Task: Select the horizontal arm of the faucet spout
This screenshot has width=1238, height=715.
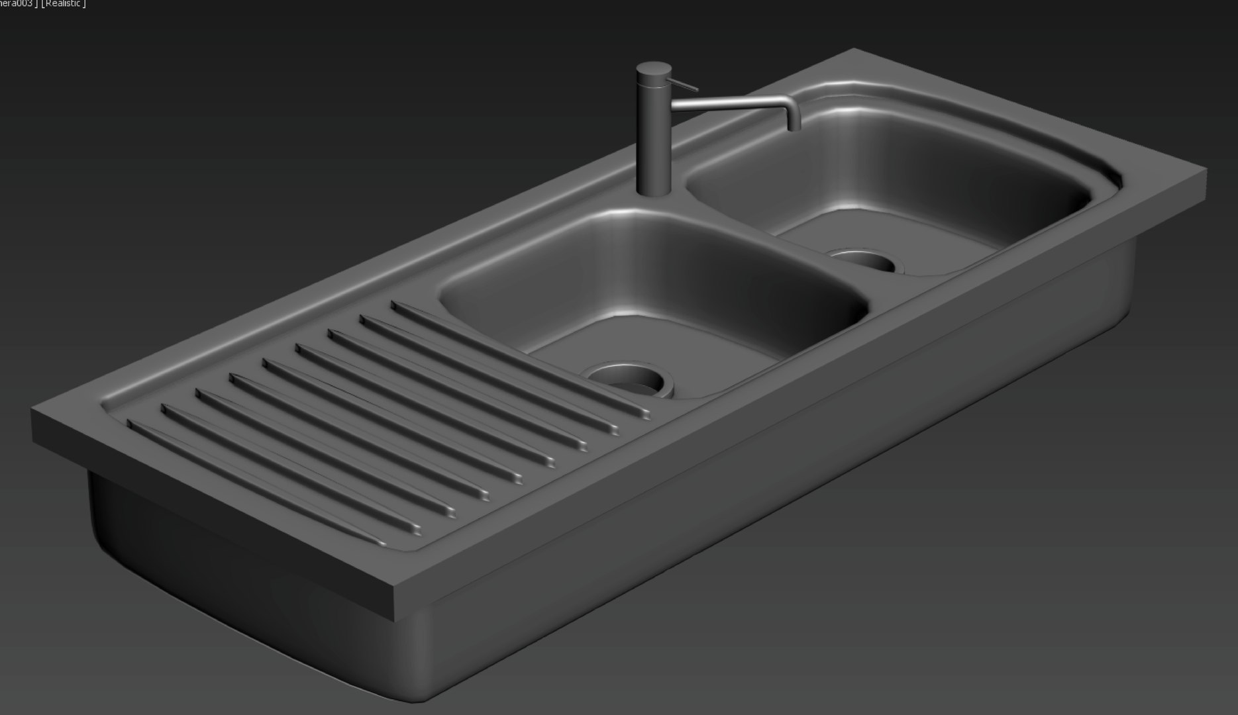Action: click(729, 102)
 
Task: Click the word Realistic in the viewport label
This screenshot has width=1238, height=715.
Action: click(64, 4)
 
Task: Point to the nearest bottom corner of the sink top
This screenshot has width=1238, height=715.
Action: click(395, 619)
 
